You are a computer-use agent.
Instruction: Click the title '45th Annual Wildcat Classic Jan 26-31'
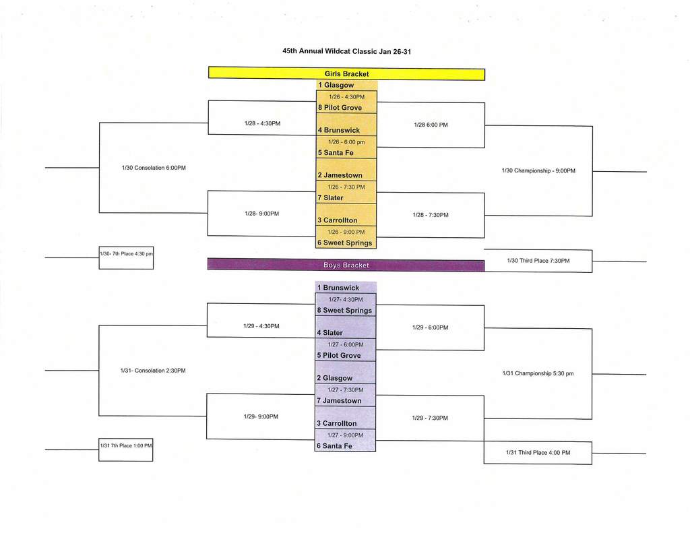coord(346,51)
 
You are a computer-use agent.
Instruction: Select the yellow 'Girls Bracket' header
coord(346,73)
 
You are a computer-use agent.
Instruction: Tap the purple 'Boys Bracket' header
coord(346,265)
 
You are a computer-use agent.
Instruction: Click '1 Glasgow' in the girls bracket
coord(336,86)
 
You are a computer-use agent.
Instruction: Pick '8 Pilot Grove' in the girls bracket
coord(340,108)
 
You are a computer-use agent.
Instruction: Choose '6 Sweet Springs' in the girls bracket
coord(345,243)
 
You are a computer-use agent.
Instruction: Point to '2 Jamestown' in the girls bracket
coord(340,175)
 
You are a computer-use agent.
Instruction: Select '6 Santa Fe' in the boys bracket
coord(335,446)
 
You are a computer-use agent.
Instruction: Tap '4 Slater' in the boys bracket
coord(330,333)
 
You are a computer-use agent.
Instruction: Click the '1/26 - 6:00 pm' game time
coord(346,142)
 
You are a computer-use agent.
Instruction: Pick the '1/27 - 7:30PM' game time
coord(345,390)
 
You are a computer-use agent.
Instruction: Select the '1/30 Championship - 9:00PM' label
coord(538,171)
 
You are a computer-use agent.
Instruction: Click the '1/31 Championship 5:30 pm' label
coord(538,373)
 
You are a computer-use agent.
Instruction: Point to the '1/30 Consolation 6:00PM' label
coord(154,168)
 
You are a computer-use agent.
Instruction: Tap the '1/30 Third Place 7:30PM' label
coord(538,261)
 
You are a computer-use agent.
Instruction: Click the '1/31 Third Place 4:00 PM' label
coord(538,453)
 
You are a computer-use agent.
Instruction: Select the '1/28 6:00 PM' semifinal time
coord(431,125)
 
